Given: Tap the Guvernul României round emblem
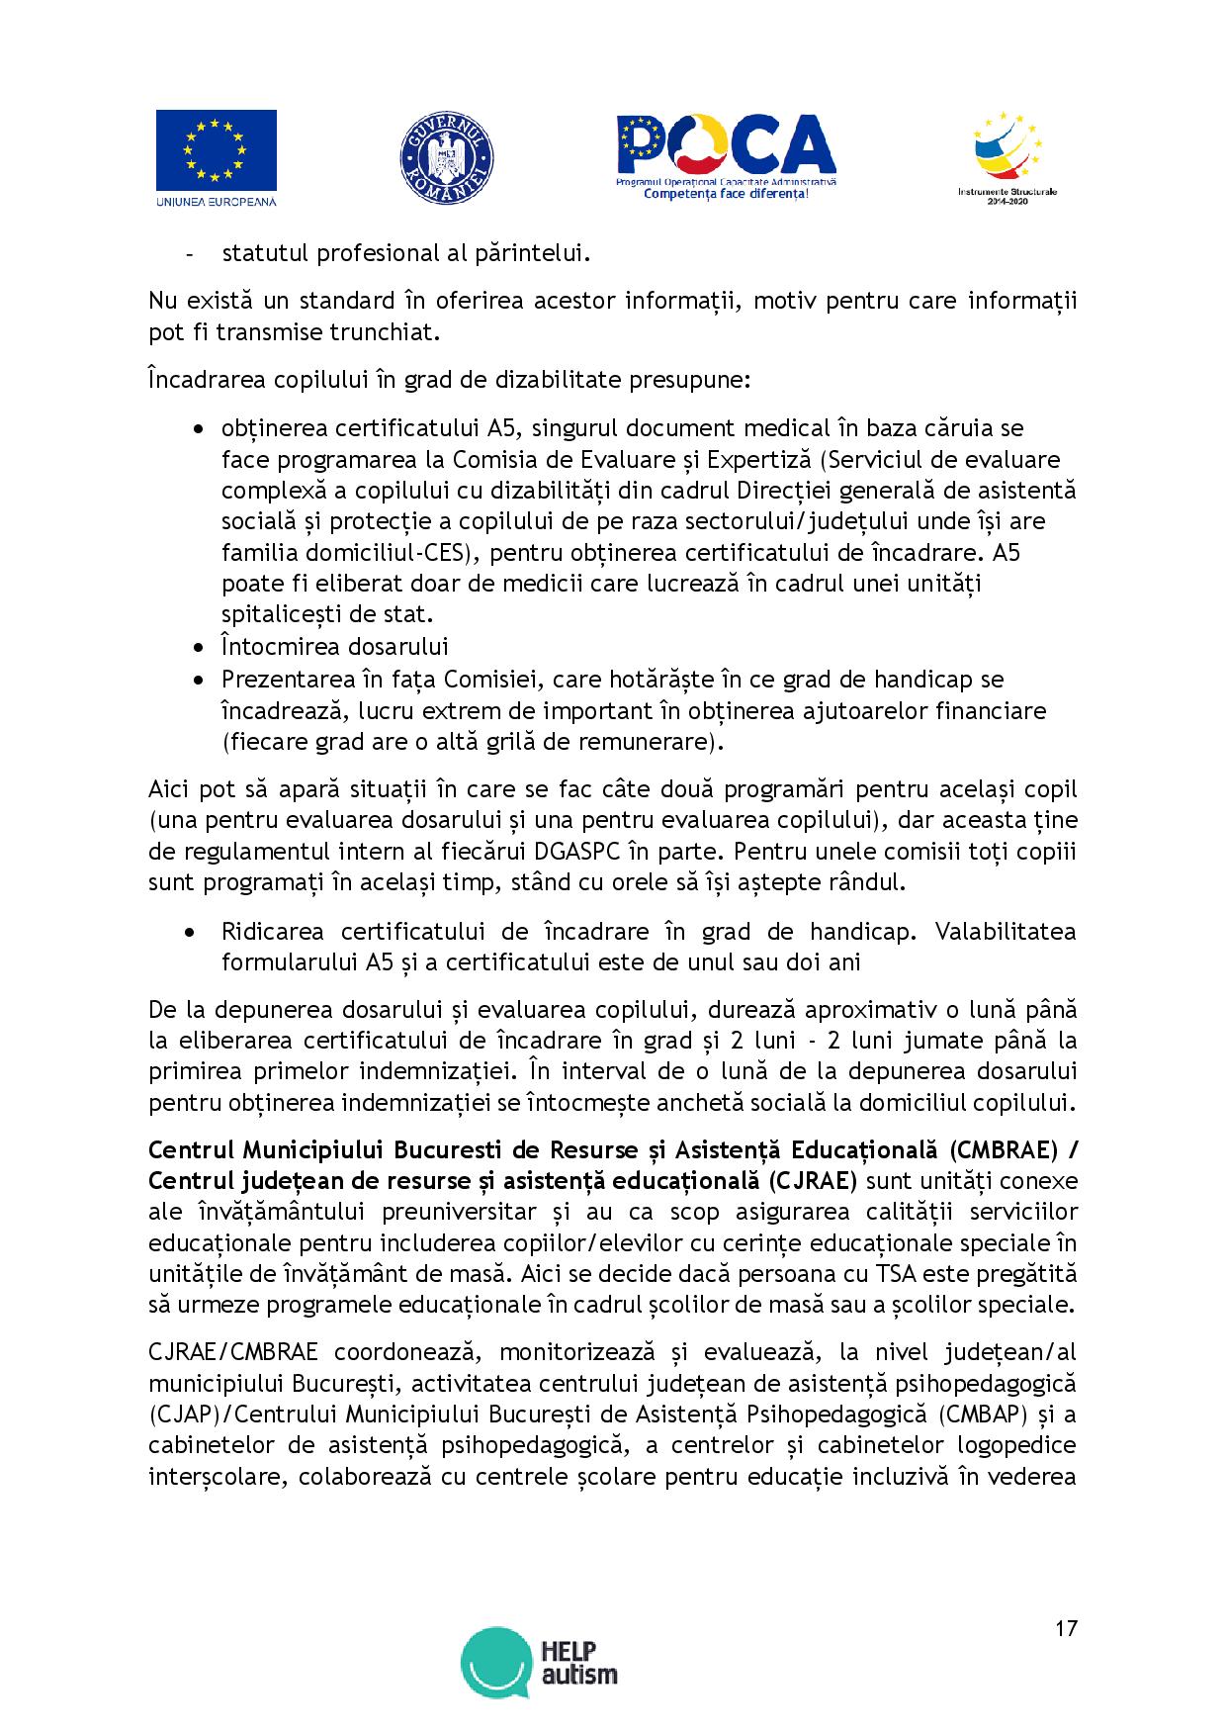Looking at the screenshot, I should click(x=446, y=159).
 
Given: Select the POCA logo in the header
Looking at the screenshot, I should click(x=726, y=149).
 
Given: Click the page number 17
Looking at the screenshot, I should click(x=1065, y=1628).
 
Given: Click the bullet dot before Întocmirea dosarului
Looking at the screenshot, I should click(x=201, y=649).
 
